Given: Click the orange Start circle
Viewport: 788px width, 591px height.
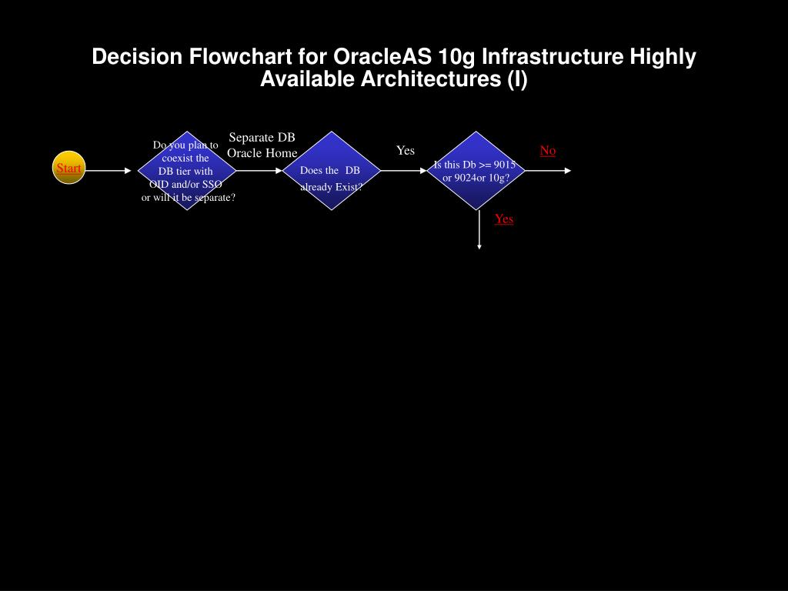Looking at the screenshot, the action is tap(68, 168).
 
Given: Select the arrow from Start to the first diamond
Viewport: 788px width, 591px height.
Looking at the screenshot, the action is tap(108, 171).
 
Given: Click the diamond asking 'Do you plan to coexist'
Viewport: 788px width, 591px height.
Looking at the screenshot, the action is tap(186, 171).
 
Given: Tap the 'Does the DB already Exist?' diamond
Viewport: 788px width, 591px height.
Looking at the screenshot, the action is tap(331, 171).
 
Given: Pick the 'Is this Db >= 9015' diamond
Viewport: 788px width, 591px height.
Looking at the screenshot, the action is tap(476, 171).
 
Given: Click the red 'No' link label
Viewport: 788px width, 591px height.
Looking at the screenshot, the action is tap(547, 151).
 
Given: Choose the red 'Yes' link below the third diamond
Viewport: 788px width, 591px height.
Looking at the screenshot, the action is tap(504, 219).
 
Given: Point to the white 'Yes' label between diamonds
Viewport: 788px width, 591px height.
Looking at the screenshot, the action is tap(406, 151).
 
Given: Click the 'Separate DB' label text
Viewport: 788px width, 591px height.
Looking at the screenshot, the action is tap(262, 138).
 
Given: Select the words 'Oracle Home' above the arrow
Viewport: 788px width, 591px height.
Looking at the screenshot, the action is tap(262, 153).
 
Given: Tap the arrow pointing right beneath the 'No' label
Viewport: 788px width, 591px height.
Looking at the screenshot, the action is tap(548, 171).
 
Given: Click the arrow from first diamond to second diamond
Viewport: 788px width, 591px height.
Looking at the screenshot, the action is tap(259, 171).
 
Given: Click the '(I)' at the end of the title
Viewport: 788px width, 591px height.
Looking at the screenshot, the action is tap(516, 79).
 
